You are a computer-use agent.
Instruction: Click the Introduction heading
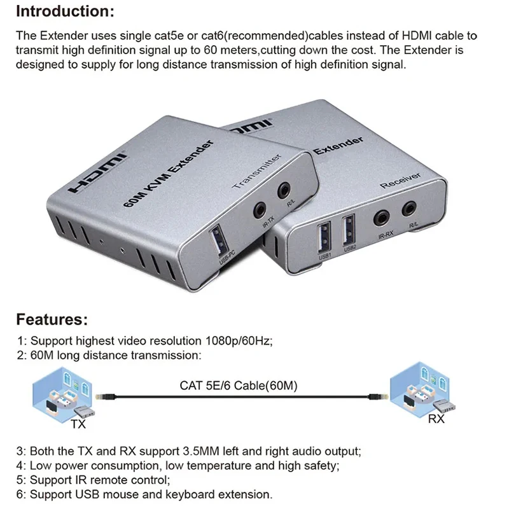(66, 12)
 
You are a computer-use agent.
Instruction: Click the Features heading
(52, 319)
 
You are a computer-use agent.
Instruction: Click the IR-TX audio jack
(260, 209)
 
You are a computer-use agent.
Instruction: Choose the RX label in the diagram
(436, 419)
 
